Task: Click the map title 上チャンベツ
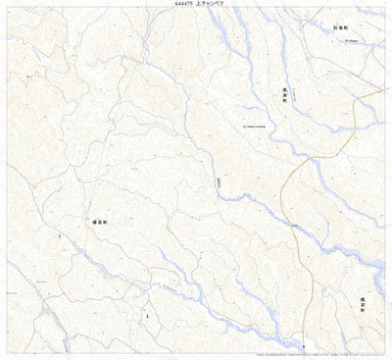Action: point(211,5)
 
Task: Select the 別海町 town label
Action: point(340,29)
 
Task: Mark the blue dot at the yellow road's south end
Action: point(304,346)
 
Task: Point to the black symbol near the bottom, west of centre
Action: point(146,316)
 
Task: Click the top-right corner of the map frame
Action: point(385,9)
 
